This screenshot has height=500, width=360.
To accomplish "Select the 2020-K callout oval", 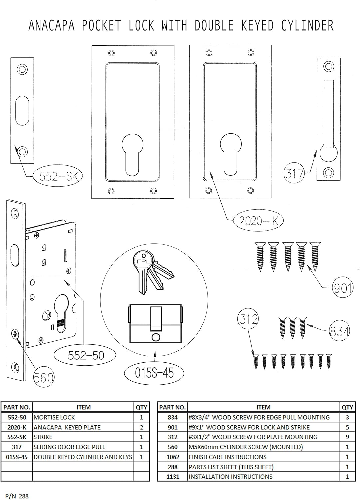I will pyautogui.click(x=258, y=221).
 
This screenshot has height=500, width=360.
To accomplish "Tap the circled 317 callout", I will pyautogui.click(x=294, y=173).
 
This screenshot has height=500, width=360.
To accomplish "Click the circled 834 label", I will pyautogui.click(x=339, y=331).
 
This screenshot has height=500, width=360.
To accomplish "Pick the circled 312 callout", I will pyautogui.click(x=248, y=319).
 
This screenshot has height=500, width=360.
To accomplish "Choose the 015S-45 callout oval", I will pyautogui.click(x=154, y=373).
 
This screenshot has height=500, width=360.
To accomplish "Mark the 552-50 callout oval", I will pyautogui.click(x=86, y=355).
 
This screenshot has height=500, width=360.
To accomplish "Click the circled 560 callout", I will pyautogui.click(x=44, y=378).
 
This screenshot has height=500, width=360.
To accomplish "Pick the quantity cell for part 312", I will pyautogui.click(x=347, y=437).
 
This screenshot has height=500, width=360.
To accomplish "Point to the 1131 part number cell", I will pyautogui.click(x=173, y=477).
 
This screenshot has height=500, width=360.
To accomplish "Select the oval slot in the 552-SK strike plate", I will pyautogui.click(x=22, y=110).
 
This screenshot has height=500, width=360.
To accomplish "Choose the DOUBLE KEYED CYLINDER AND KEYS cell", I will pyautogui.click(x=83, y=457).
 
